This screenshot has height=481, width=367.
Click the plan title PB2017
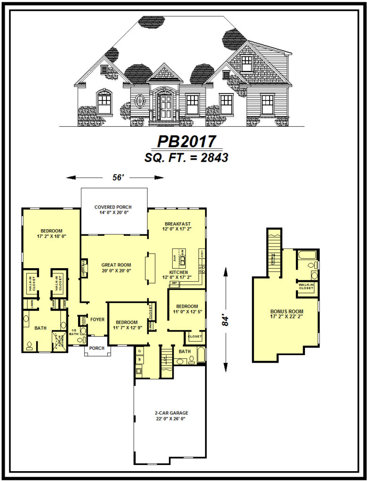click(x=186, y=141)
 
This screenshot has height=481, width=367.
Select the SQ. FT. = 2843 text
click(x=186, y=158)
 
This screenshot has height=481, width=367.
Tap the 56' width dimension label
click(x=115, y=178)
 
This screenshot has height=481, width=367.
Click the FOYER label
click(x=97, y=319)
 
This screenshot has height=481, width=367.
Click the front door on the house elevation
click(x=165, y=107)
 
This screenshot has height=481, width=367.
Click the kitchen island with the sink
click(x=180, y=258)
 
